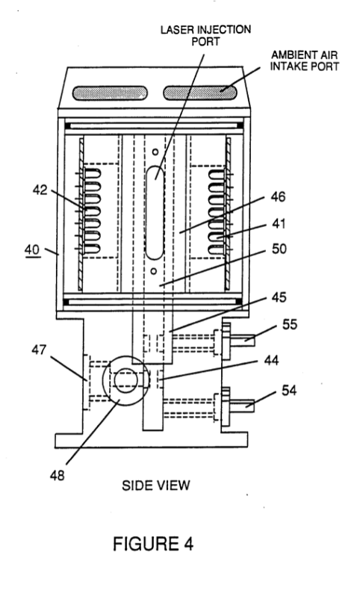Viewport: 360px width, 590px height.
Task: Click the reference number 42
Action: click(x=40, y=190)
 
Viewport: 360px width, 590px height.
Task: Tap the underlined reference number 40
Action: click(x=32, y=250)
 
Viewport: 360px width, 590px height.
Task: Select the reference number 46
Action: click(x=278, y=197)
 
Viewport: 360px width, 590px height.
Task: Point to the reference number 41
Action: click(x=279, y=224)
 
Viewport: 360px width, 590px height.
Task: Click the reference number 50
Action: click(x=279, y=249)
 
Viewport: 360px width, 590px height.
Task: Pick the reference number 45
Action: click(x=279, y=297)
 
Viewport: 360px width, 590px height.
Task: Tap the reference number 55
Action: click(x=290, y=324)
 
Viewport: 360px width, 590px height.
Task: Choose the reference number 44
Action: click(x=271, y=361)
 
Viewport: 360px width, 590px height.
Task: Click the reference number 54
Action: click(x=289, y=391)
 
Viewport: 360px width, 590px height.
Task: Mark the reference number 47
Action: click(x=39, y=350)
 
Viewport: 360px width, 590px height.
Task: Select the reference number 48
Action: click(x=58, y=475)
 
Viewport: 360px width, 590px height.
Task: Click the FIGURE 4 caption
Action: click(x=153, y=544)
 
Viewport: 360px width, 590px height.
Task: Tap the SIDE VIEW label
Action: click(x=156, y=485)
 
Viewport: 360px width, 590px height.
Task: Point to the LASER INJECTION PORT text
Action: click(x=205, y=35)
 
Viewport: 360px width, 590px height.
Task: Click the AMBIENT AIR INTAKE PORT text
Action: click(x=304, y=61)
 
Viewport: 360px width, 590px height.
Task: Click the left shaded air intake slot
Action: click(x=110, y=93)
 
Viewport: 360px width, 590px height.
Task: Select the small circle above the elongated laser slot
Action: click(x=155, y=152)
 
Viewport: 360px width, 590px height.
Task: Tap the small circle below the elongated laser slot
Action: click(x=153, y=271)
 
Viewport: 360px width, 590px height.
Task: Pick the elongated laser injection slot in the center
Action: click(x=155, y=213)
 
